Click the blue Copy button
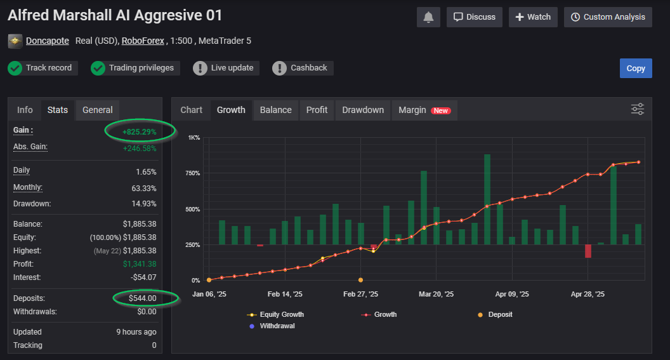pos(635,69)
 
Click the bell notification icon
pos(428,17)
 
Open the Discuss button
pos(475,17)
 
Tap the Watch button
pos(533,17)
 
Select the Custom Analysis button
pos(608,17)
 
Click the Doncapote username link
pos(48,41)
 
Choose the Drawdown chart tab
pos(363,110)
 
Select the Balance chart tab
pos(276,110)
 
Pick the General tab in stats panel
pos(97,110)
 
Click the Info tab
pos(25,110)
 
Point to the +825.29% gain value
pos(139,132)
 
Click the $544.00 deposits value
pos(142,298)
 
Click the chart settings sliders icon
pos(638,109)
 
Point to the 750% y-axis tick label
pos(192,173)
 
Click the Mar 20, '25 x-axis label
pos(436,295)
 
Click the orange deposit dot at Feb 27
pos(360,280)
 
